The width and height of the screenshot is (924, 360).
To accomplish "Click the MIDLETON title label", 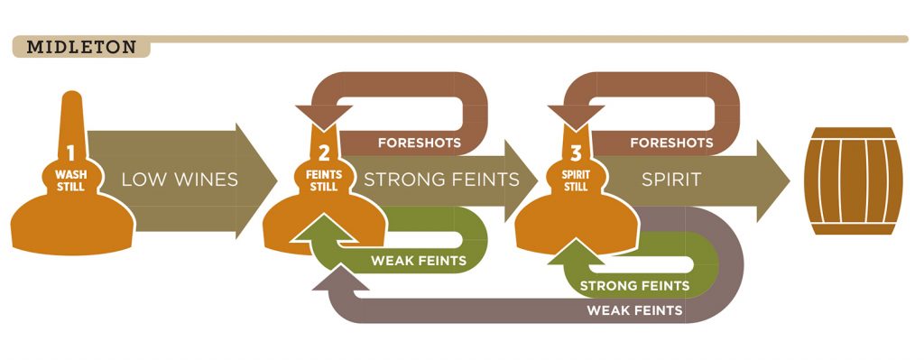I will click(81, 47).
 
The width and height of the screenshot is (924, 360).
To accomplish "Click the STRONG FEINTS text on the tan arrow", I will click(441, 180).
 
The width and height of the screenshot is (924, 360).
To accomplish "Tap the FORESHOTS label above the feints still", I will click(420, 143).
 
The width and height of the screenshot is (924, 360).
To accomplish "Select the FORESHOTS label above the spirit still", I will click(671, 143).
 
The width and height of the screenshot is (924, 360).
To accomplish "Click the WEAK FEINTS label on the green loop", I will click(418, 262).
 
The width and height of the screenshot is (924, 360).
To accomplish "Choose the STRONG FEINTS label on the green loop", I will click(634, 286).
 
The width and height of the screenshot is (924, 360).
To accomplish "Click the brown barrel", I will click(852, 180).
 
